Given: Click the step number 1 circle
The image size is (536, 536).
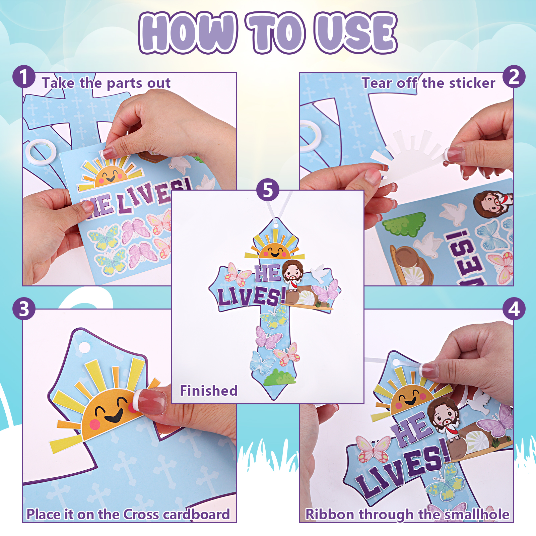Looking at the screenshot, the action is pyautogui.click(x=24, y=77).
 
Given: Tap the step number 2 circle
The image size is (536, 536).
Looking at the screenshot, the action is pyautogui.click(x=514, y=77).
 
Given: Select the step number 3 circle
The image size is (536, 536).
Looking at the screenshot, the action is pyautogui.click(x=24, y=309).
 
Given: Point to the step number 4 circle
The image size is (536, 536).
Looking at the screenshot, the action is pyautogui.click(x=514, y=309).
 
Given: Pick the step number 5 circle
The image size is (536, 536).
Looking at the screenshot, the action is pyautogui.click(x=268, y=190).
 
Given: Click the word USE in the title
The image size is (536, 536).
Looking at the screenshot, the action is pyautogui.click(x=356, y=33).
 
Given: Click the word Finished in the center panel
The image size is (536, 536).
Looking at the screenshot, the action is pyautogui.click(x=209, y=391).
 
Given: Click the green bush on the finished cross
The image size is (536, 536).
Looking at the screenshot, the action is pyautogui.click(x=279, y=377).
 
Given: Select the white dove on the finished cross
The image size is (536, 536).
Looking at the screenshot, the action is pyautogui.click(x=320, y=272).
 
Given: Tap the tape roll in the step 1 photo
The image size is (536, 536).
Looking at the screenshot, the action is pyautogui.click(x=41, y=152).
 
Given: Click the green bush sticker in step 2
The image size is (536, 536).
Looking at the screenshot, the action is pyautogui.click(x=404, y=223).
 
